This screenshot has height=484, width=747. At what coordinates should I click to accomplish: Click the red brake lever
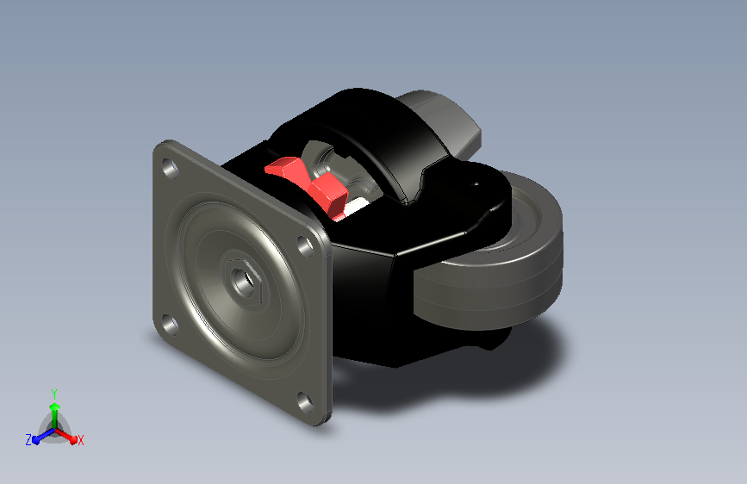coord(309,184)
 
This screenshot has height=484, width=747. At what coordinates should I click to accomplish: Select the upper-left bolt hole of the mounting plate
coord(170,168)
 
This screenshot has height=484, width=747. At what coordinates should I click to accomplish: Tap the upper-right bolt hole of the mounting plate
coord(305,245)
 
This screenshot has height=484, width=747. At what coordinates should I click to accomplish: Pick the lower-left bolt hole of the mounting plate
coord(169,324)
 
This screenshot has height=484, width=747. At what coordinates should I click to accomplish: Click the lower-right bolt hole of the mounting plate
coord(305,402)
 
